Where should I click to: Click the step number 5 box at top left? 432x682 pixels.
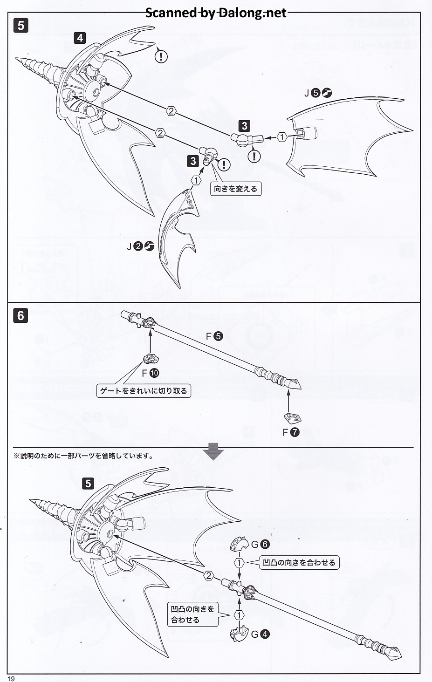click(21, 25)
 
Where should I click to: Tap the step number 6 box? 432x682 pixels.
click(21, 315)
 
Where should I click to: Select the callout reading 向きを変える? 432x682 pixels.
click(235, 189)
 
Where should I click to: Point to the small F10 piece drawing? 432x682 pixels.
click(151, 358)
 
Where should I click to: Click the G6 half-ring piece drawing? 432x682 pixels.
click(240, 544)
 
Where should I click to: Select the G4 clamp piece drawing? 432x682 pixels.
click(239, 634)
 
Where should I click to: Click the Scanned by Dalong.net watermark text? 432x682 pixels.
click(216, 13)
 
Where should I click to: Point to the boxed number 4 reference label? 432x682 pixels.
click(80, 37)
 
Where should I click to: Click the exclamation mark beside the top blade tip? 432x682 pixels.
click(161, 56)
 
